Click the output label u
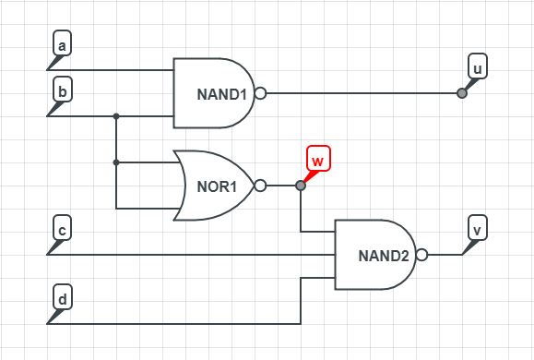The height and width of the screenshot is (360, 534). [477, 68]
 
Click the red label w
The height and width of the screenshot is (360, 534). [316, 161]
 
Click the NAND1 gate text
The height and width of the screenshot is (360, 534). [222, 94]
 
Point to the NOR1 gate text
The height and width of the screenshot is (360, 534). [218, 186]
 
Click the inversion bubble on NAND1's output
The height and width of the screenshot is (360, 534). [260, 93]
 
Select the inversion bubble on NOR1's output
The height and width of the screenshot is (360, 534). [260, 186]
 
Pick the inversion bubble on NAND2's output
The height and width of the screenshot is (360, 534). [421, 255]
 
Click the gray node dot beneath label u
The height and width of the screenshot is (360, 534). [462, 93]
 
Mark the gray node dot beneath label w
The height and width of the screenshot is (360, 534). [301, 186]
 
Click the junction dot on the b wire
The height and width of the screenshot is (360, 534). [116, 116]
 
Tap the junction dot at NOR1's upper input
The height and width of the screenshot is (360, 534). [116, 162]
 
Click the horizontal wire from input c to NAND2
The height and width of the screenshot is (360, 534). [184, 255]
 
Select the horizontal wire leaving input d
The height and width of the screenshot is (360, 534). [175, 324]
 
